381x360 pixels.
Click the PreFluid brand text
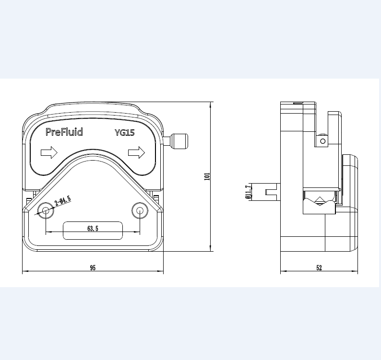click(64, 132)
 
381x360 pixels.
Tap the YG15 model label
click(124, 133)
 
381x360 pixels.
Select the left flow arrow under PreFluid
click(49, 153)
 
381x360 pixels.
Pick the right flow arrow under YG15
click(136, 153)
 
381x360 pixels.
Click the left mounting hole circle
click(46, 210)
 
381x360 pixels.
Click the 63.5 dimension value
click(93, 229)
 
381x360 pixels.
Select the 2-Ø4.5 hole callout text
click(63, 200)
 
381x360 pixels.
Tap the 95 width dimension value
click(93, 268)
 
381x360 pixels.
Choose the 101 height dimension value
click(207, 176)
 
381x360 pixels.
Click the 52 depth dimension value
click(319, 268)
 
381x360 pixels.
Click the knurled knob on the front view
click(179, 141)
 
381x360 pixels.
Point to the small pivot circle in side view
click(323, 141)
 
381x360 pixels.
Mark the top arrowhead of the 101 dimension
click(211, 105)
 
